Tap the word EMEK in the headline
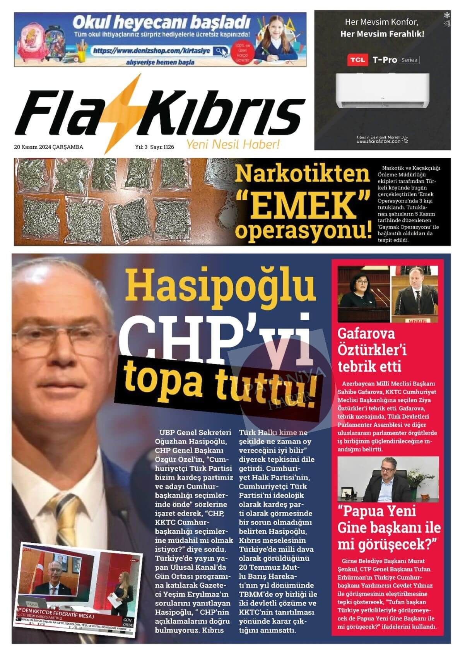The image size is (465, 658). pos(303,202)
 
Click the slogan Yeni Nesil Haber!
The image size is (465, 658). pos(233,145)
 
